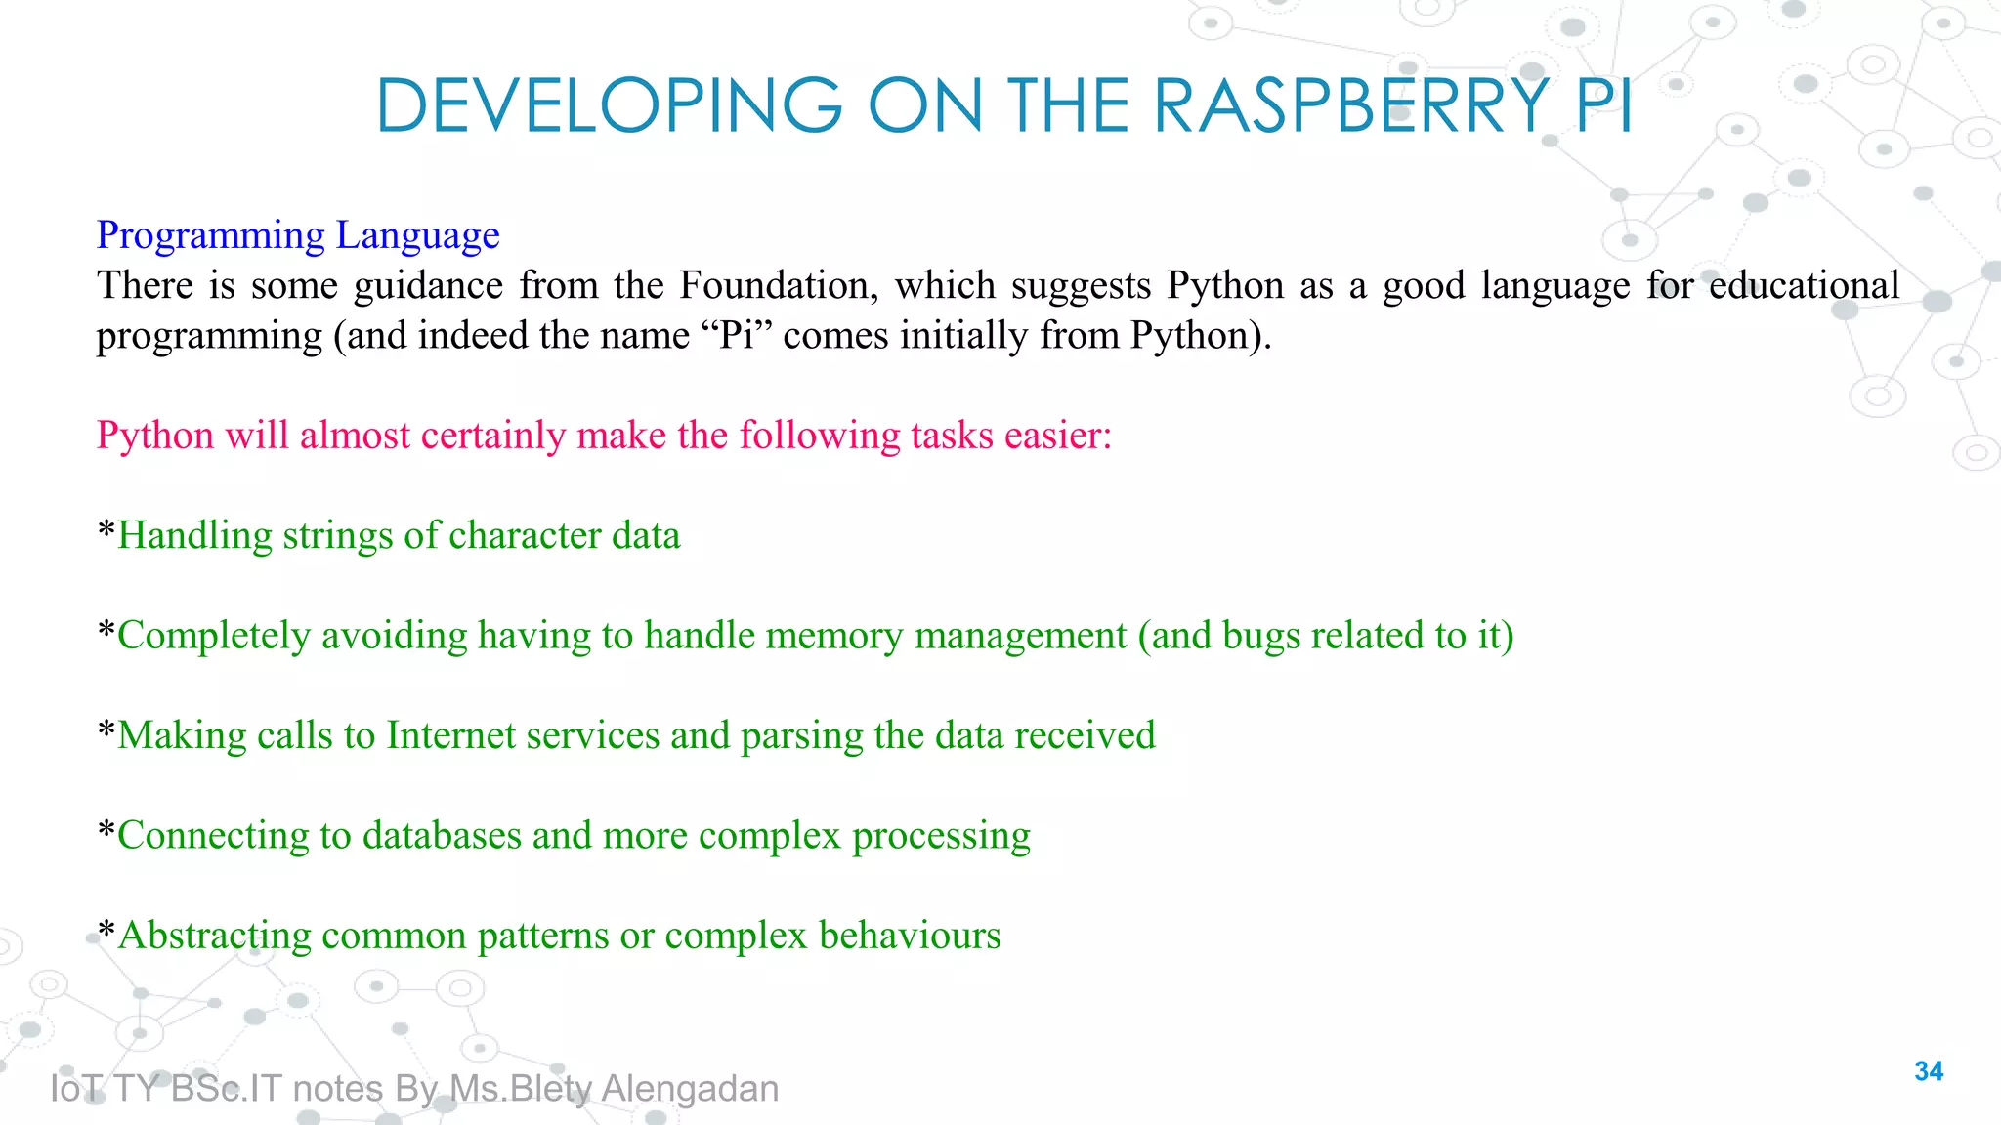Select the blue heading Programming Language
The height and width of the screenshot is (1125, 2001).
coord(298,235)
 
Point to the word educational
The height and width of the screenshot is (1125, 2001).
coord(1804,285)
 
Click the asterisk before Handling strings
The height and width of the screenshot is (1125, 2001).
coord(106,533)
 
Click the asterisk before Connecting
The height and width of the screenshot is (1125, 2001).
coord(106,833)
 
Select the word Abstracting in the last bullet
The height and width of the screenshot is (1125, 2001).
coord(214,936)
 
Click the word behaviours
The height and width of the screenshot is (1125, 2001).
coord(910,936)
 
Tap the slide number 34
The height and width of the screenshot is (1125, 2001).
coord(1929,1071)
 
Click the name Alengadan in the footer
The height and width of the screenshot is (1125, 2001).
coord(690,1089)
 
